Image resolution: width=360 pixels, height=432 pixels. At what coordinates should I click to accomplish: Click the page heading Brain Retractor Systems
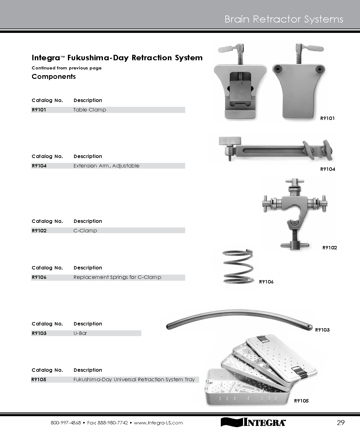284,19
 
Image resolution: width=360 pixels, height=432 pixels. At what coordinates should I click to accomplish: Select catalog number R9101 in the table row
39,110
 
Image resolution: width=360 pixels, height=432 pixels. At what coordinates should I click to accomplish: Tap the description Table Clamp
90,110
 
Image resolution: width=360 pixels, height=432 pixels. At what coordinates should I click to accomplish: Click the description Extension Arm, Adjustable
106,166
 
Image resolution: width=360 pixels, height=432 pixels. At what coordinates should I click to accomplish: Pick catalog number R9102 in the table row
39,230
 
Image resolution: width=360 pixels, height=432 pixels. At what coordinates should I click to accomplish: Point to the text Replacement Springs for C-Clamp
117,277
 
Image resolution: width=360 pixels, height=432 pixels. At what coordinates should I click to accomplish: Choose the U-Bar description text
80,333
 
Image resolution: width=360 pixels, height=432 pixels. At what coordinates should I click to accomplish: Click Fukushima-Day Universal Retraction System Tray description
134,379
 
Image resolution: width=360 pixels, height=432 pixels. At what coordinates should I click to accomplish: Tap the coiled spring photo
238,267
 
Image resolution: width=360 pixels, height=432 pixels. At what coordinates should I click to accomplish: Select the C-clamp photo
295,214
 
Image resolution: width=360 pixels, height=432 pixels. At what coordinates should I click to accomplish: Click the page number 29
341,423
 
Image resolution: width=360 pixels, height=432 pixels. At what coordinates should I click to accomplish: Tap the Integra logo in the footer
253,422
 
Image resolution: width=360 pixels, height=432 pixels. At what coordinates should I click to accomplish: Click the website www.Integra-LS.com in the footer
158,423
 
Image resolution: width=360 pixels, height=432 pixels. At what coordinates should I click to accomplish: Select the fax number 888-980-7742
113,423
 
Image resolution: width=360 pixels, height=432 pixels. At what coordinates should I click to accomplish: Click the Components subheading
54,76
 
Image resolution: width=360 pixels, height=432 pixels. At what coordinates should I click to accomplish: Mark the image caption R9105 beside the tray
301,401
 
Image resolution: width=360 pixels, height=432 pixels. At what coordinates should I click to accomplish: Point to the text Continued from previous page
67,68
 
